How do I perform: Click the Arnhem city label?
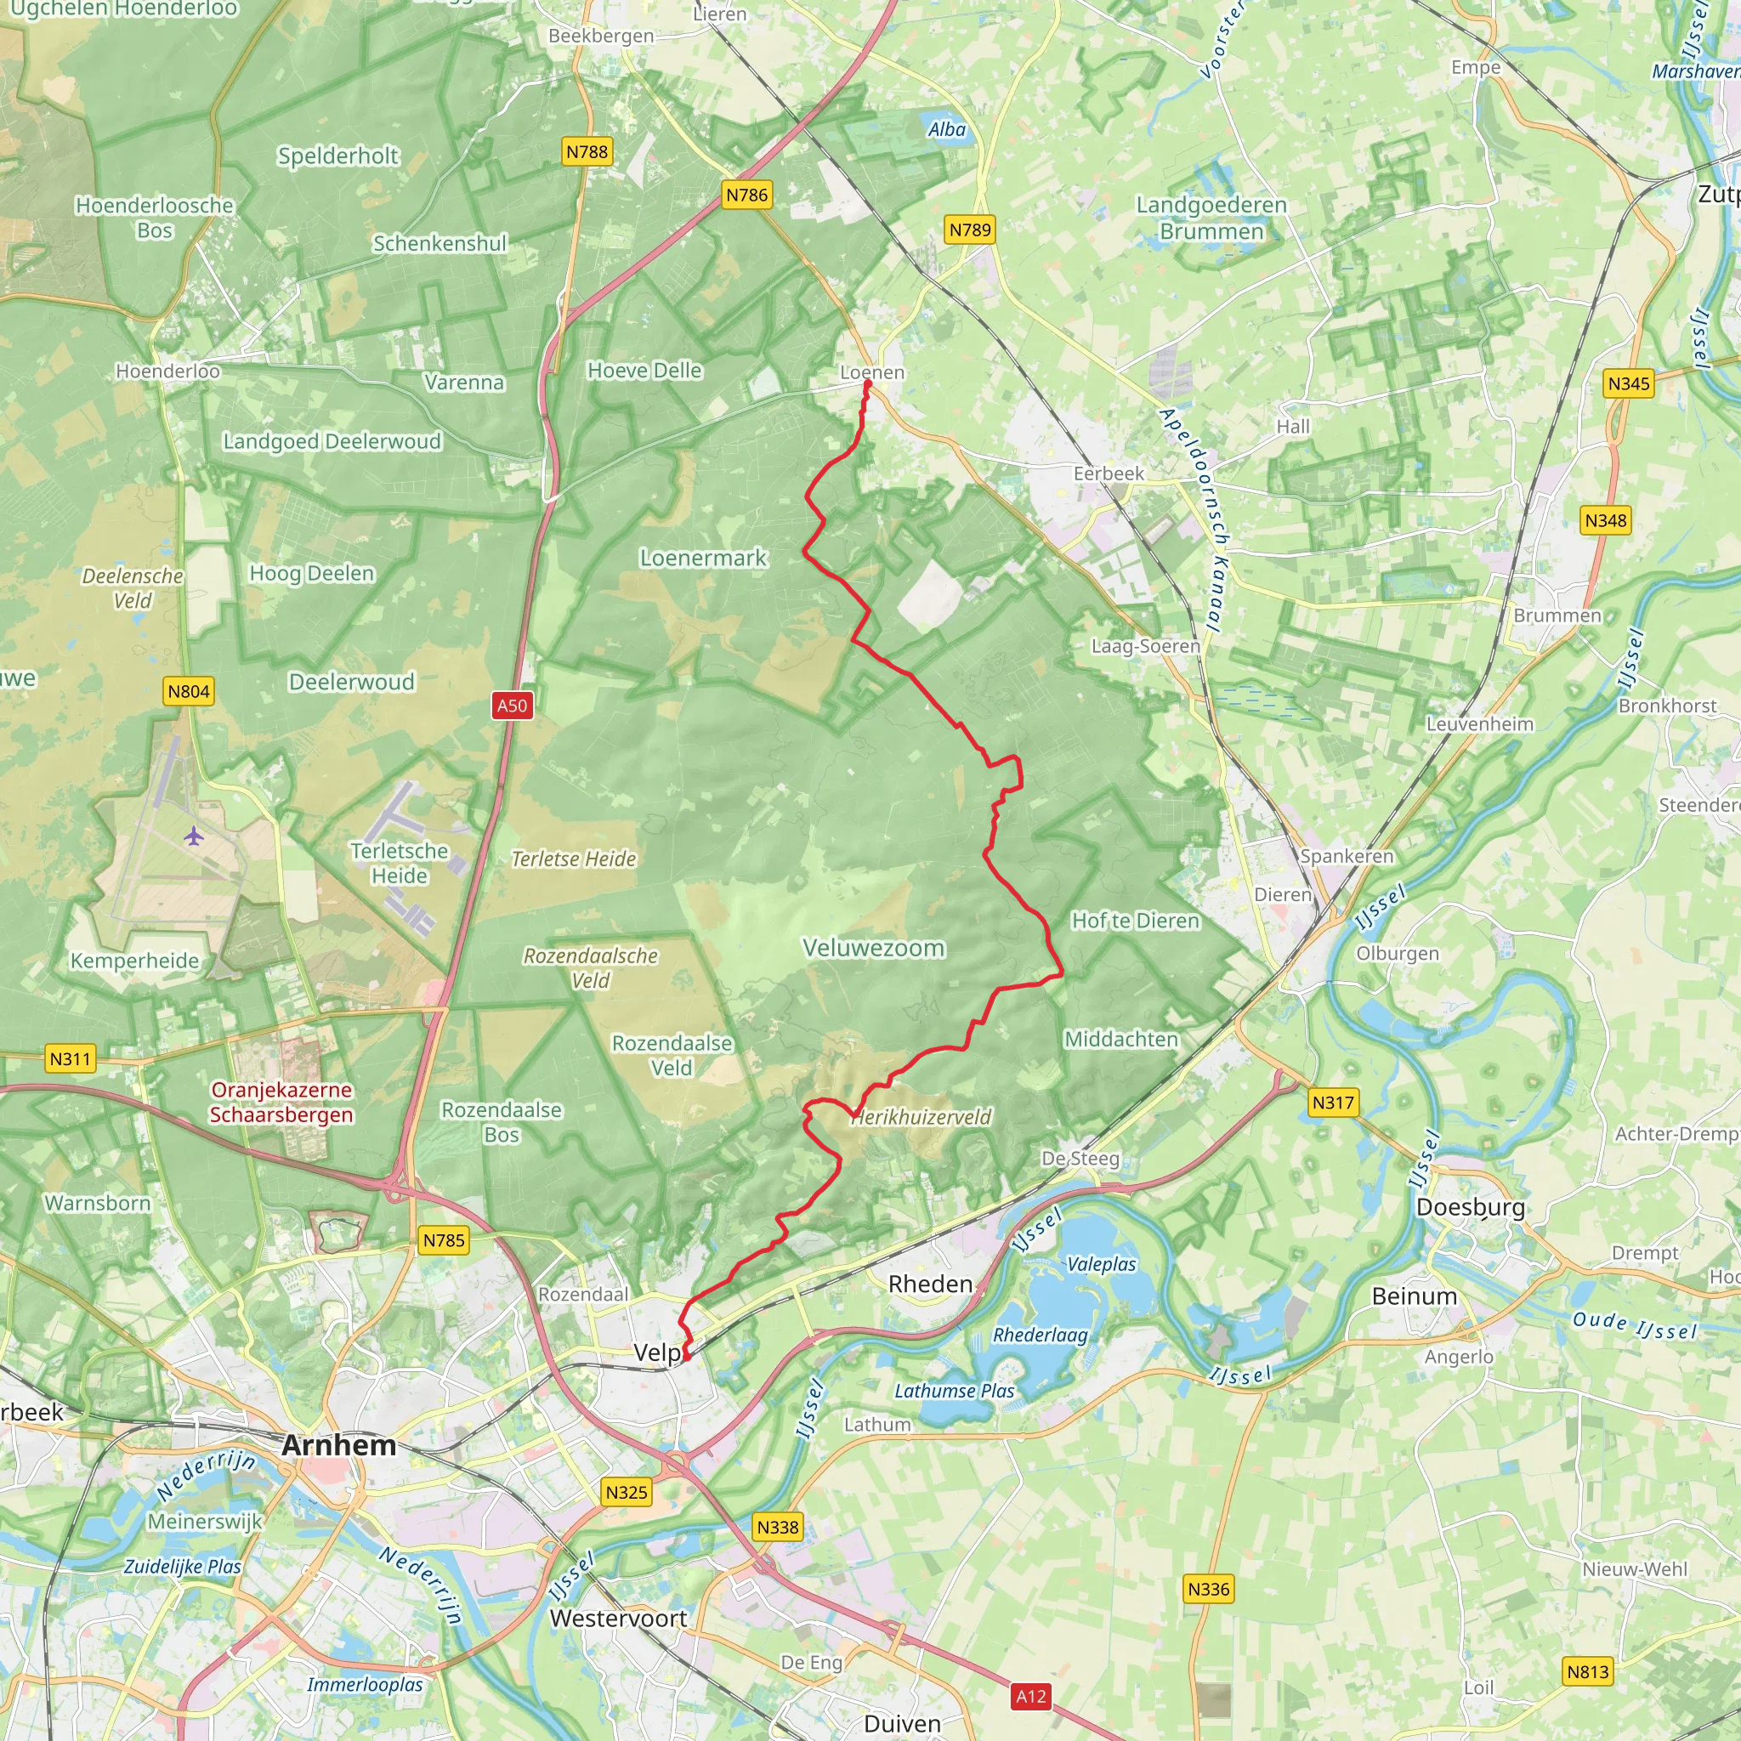point(338,1445)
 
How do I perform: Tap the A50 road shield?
point(512,706)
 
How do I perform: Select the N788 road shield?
point(587,151)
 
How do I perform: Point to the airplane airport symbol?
point(194,836)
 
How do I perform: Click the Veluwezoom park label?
point(873,948)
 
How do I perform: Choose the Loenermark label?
point(703,558)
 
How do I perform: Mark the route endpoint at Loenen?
point(868,385)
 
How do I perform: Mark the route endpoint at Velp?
point(687,1354)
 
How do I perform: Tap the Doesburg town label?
point(1471,1207)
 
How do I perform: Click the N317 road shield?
point(1333,1102)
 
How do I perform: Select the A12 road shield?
point(1031,1697)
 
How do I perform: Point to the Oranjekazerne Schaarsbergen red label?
point(281,1102)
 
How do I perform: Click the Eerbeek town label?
point(1109,474)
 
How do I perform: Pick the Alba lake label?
point(947,130)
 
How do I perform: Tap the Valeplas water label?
point(1101,1264)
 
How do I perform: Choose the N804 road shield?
point(189,691)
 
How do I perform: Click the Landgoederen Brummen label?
point(1211,218)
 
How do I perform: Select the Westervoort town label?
point(618,1619)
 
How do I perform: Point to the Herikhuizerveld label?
point(921,1117)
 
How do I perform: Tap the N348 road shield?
point(1606,520)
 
